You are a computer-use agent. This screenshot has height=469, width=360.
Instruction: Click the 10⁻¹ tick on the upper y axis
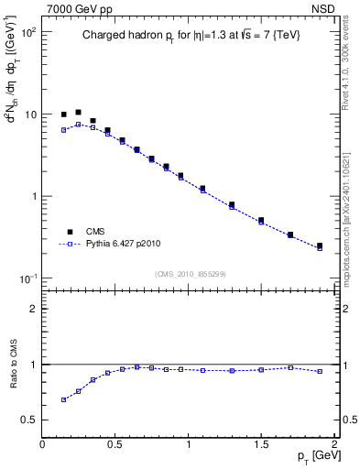(29, 278)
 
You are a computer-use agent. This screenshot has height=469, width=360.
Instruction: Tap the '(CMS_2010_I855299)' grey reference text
(189, 274)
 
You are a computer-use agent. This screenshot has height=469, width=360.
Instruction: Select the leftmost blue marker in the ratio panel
(63, 399)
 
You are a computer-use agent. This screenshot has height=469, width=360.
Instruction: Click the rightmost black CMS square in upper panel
(319, 245)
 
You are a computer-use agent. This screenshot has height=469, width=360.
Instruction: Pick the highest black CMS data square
(78, 112)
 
